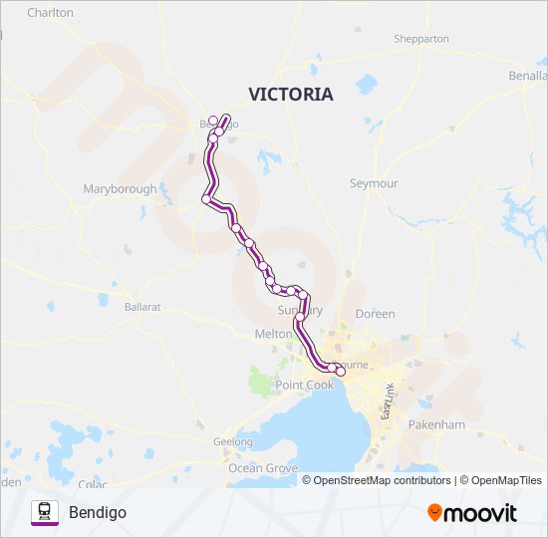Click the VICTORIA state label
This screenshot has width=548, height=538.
290,95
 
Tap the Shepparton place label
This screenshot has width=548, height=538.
421,39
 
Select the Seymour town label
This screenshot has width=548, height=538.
374,184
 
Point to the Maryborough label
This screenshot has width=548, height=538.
120,188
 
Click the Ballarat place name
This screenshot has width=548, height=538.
142,308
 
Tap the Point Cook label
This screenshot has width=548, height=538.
305,385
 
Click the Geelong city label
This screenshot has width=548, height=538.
233,441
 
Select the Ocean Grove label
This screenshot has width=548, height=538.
263,467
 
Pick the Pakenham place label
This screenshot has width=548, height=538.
435,424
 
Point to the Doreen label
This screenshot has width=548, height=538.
375,313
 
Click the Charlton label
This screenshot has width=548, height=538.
51,13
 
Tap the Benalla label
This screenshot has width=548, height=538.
528,76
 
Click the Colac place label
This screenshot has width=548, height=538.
92,484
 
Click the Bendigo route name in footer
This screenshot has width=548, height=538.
98,513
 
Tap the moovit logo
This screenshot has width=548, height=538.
472,513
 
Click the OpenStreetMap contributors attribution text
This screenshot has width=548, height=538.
383,480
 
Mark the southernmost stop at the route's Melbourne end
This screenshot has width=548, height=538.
341,372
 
